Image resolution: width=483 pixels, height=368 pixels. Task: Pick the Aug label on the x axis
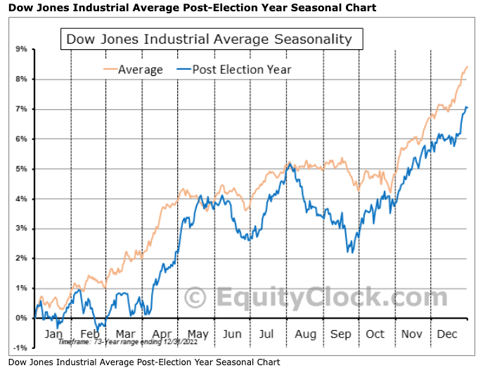tap(305, 334)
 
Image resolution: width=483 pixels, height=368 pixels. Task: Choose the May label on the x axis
tap(197, 334)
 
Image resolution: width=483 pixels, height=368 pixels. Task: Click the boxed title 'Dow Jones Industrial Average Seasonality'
tap(209, 39)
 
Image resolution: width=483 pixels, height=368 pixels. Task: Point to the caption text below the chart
tap(144, 362)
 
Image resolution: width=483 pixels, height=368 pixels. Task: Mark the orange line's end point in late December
tap(468, 67)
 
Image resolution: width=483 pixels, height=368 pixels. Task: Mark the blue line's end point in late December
tap(467, 108)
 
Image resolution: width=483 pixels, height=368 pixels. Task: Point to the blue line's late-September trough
tap(349, 251)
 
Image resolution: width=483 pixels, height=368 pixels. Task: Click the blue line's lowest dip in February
tap(99, 328)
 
